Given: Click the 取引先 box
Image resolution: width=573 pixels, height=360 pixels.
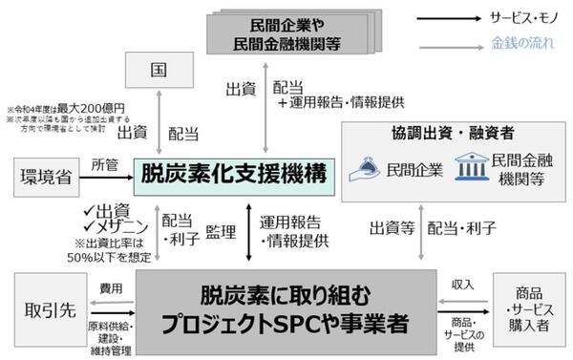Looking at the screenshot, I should point(46,311).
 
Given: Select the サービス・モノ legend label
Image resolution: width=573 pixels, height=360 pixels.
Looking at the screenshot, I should point(526,17).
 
